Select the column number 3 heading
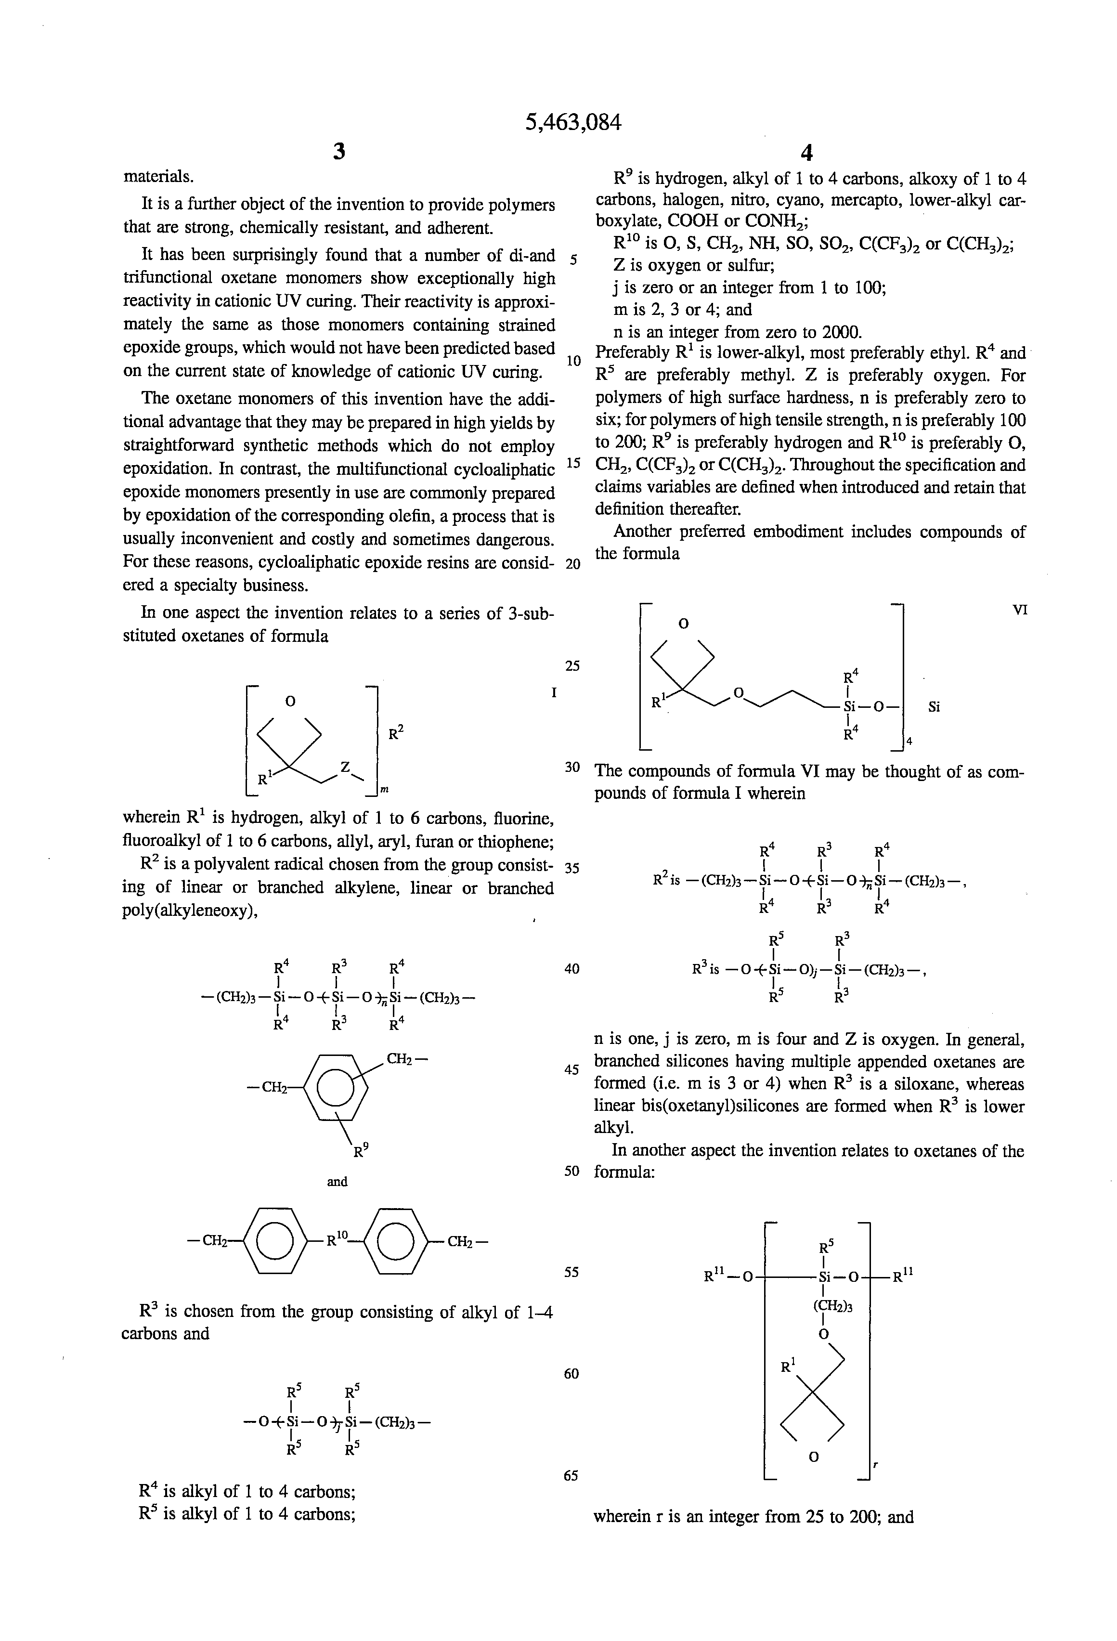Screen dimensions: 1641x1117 (339, 151)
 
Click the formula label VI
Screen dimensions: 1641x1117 (1019, 609)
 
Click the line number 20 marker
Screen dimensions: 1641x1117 (572, 564)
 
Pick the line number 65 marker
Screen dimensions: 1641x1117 (571, 1475)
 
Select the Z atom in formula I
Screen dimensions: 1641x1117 (345, 767)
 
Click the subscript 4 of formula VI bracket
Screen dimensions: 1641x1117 (909, 742)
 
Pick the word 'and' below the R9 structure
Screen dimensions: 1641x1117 (337, 1181)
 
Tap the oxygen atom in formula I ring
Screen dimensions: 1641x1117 (289, 701)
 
